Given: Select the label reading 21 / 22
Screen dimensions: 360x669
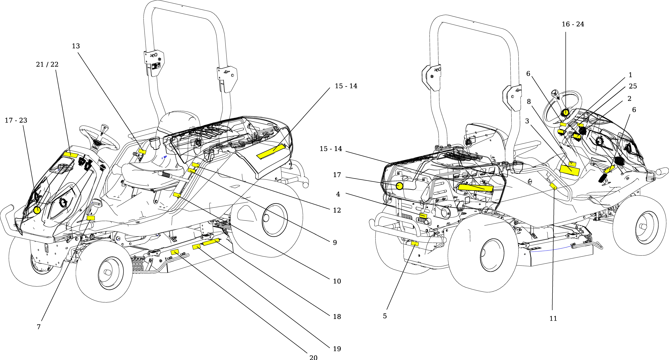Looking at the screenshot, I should [47, 64].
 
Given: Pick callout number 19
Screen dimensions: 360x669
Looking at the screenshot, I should [337, 349].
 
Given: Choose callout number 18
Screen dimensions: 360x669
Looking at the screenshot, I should [337, 316].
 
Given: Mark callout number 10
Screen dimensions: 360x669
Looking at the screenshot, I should [337, 281].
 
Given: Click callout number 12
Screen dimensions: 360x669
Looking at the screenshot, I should [337, 210].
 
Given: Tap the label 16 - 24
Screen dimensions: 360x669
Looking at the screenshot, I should [573, 24].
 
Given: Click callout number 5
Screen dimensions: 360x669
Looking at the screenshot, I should [385, 316].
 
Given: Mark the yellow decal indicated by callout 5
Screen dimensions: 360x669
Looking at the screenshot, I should [415, 244].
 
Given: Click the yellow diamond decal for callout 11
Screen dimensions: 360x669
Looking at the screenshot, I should [553, 186].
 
